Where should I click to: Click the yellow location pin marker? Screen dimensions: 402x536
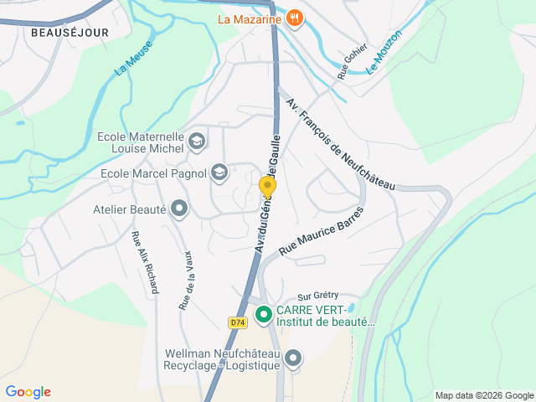tap(267, 187)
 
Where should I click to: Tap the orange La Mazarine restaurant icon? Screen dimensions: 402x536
tap(294, 18)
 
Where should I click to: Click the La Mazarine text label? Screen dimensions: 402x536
tap(249, 18)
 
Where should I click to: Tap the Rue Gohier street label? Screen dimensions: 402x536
tap(352, 61)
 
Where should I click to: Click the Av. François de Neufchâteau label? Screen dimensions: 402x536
tap(340, 144)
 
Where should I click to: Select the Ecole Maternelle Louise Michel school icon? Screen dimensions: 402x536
tap(197, 140)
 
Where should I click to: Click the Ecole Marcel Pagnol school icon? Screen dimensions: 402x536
tap(219, 173)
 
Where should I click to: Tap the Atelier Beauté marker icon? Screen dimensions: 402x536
tap(178, 209)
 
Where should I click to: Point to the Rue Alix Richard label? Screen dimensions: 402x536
tap(145, 262)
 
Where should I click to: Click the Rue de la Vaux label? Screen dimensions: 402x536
tap(187, 280)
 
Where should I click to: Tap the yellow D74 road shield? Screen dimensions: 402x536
tap(237, 322)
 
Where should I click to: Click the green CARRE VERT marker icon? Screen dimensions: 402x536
tap(263, 315)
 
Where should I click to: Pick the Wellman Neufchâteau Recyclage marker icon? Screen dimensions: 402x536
tap(292, 359)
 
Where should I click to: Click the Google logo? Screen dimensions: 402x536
tap(28, 392)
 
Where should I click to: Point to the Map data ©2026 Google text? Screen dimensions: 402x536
tap(483, 395)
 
